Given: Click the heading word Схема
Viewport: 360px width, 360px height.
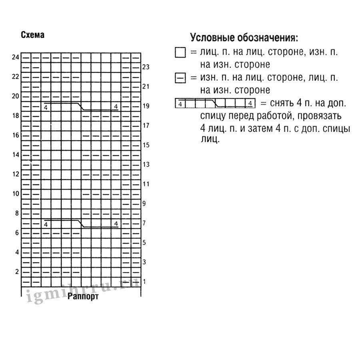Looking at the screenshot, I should tap(32, 35).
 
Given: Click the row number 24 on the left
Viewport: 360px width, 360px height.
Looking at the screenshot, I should tap(16, 57).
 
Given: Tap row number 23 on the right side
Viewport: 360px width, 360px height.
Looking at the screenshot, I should tap(146, 67).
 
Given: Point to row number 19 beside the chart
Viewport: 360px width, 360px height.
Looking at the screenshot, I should tap(146, 106).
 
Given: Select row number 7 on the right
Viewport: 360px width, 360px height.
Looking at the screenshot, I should tap(144, 223).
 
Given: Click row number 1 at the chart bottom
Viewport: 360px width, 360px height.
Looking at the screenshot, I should tap(144, 282).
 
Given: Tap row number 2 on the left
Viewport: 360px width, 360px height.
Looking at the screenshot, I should tap(17, 272).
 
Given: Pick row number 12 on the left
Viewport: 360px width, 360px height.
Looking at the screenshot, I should tap(16, 174).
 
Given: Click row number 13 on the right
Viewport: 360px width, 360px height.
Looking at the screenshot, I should tap(146, 164).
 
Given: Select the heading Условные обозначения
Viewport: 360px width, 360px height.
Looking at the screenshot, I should tap(244, 38).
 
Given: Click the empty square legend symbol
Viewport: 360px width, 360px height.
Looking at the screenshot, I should tap(180, 53).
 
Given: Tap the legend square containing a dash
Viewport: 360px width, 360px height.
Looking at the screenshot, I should tap(180, 78).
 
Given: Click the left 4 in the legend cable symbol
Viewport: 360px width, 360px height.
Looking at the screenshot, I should tap(180, 104).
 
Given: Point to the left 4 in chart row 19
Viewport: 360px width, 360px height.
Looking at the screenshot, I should tap(46, 108).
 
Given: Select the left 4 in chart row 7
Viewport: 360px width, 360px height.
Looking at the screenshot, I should tap(46, 224).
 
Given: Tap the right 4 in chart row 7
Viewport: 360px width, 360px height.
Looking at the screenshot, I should tap(116, 223).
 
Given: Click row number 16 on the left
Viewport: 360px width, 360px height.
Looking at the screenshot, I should tap(16, 135).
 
